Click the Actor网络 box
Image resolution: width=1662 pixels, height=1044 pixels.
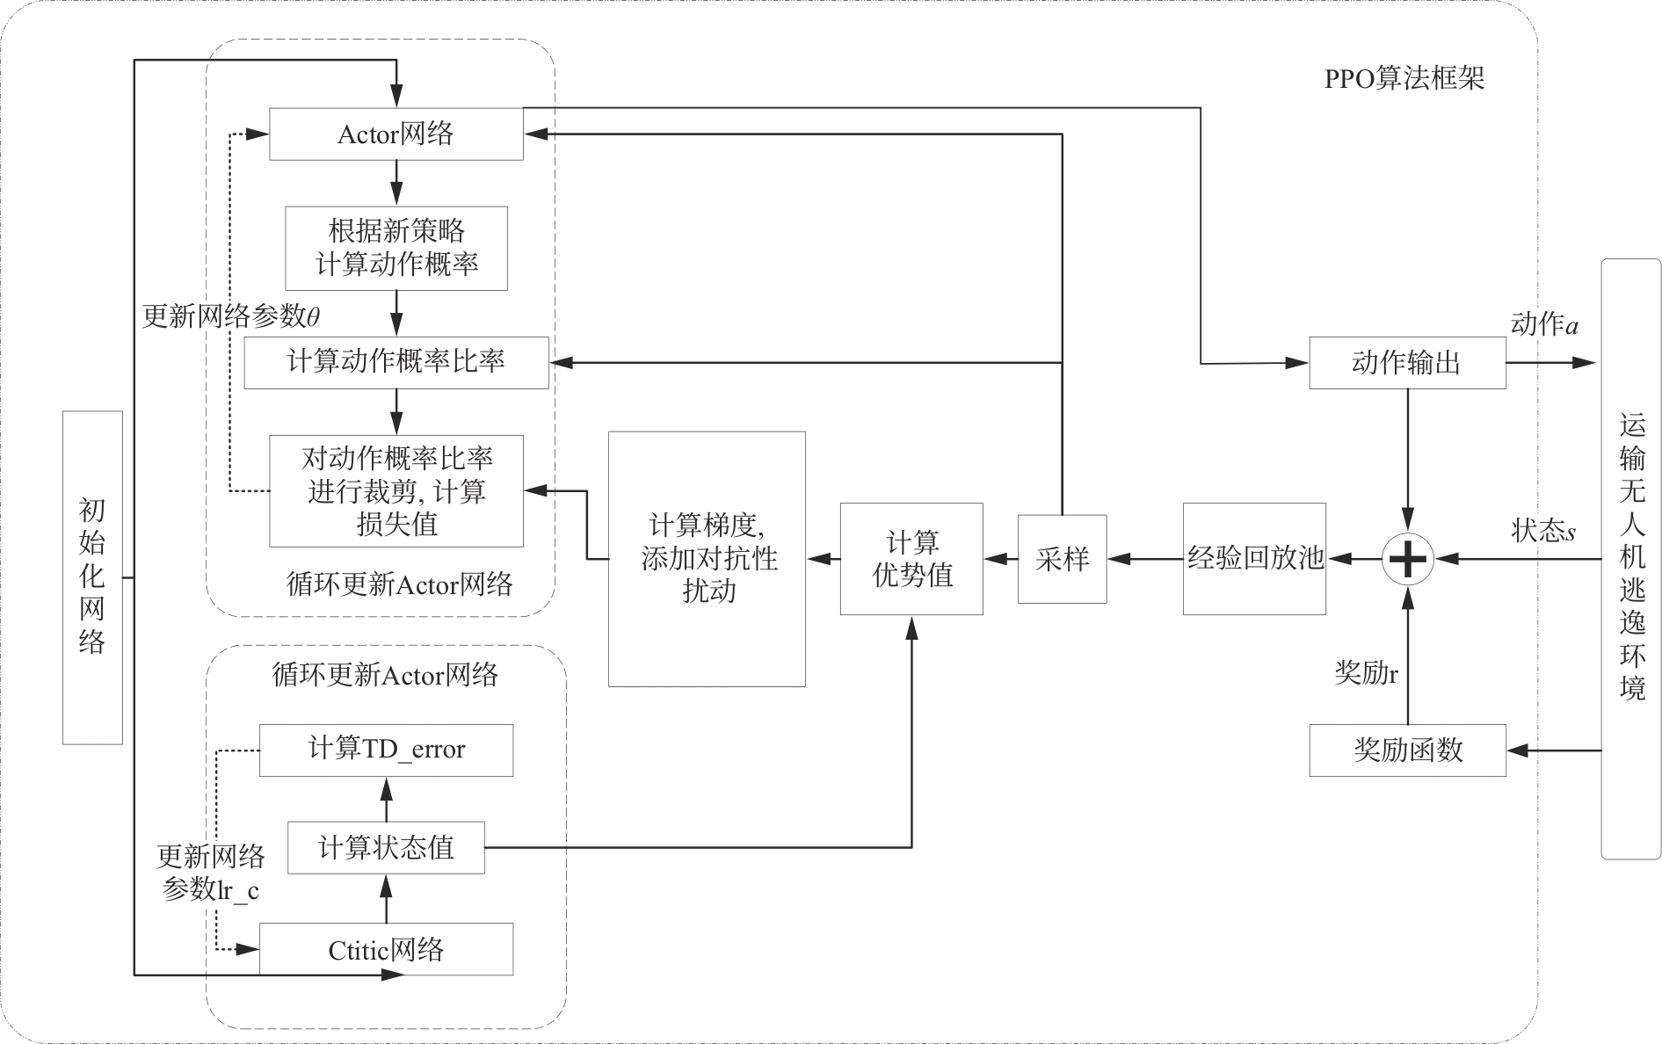pos(396,134)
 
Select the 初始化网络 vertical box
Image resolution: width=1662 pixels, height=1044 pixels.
pos(92,577)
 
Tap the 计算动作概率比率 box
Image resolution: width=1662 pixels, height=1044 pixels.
pos(396,362)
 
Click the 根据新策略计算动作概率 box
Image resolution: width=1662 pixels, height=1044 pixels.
pos(396,248)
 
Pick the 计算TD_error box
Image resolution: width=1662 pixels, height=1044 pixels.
pos(386,750)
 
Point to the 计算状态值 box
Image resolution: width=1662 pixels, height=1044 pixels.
pos(386,848)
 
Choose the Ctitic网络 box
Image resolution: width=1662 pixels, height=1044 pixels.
pos(386,949)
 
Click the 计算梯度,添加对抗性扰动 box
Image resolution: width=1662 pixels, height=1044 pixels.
pos(707,558)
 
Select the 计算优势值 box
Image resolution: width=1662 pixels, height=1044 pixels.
pos(911,558)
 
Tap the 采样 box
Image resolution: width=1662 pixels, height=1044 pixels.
pos(1062,559)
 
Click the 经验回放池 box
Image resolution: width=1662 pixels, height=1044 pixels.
pos(1254,558)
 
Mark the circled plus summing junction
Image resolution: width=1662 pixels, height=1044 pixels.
pos(1408,559)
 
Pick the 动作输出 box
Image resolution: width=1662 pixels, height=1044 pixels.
pos(1407,362)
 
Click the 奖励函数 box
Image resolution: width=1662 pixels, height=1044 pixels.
pos(1407,750)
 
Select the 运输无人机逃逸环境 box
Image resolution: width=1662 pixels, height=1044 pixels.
pos(1631,559)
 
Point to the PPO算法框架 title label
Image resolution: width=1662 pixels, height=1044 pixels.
pos(1404,79)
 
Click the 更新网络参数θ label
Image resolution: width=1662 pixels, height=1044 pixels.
pos(231,316)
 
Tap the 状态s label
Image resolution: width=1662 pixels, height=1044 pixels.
pos(1543,531)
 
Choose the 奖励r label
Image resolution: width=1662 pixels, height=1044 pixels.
pos(1366,673)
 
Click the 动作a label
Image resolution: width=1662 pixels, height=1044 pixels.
pos(1544,324)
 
